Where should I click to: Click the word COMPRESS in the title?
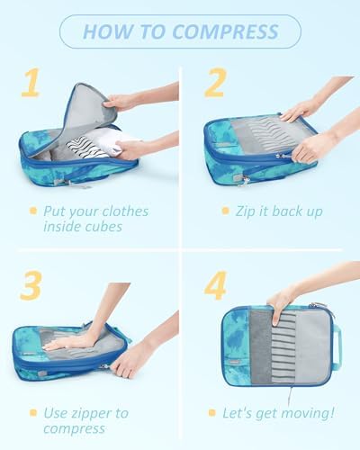(x=226, y=31)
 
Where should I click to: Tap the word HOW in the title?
(x=107, y=31)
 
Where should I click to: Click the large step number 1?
(x=31, y=82)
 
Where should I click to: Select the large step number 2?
(x=215, y=82)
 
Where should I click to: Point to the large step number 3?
(x=31, y=285)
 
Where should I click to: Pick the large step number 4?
(x=215, y=285)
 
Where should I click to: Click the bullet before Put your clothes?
(x=33, y=211)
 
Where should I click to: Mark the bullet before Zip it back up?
(x=225, y=211)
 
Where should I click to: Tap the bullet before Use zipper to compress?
(x=33, y=413)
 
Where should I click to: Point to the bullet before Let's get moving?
(x=212, y=413)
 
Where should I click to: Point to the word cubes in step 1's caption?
(x=103, y=227)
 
